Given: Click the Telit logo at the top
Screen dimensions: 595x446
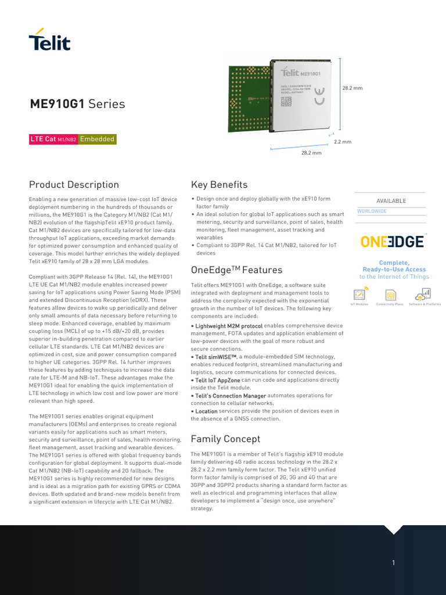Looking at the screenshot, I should tap(49, 40).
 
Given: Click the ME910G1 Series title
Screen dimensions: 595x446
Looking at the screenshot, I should tap(77, 104).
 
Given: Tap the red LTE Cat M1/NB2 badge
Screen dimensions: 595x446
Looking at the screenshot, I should tap(53, 139).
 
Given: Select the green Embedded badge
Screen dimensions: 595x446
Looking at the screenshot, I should tap(97, 139).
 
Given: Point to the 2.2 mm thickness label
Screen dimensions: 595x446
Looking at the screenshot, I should tap(342, 142).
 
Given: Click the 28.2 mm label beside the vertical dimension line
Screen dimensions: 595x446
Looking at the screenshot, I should tap(352, 88).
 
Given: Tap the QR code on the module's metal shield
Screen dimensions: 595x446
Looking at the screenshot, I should tap(286, 101).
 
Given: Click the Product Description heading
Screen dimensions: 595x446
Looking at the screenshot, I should tap(74, 185).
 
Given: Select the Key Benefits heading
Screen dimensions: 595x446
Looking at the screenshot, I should tap(219, 185).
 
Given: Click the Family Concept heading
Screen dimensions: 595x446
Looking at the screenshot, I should tap(225, 439).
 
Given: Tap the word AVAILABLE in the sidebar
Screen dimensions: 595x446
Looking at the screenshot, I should tap(391, 201).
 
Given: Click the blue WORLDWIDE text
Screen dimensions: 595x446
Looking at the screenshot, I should tap(372, 211).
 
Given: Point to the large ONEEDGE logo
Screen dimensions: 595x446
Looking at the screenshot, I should tap(393, 242).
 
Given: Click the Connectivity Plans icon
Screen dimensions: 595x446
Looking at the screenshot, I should tap(390, 295).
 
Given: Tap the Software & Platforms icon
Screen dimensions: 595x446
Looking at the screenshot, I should tap(424, 294).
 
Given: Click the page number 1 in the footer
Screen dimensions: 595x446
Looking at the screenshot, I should tap(394, 562).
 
